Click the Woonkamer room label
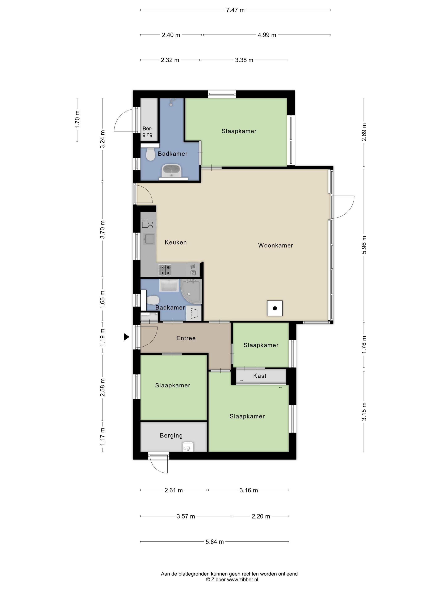pyautogui.click(x=275, y=245)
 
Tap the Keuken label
pyautogui.click(x=176, y=242)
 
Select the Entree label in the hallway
pyautogui.click(x=186, y=338)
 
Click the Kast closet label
pyautogui.click(x=260, y=376)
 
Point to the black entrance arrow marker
pyautogui.click(x=126, y=337)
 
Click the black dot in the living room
pyautogui.click(x=275, y=308)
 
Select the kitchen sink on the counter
pyautogui.click(x=149, y=239)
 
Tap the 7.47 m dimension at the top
pyautogui.click(x=235, y=10)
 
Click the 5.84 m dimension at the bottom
pyautogui.click(x=215, y=542)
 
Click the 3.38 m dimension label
pyautogui.click(x=244, y=60)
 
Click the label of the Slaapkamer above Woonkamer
pyautogui.click(x=239, y=131)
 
